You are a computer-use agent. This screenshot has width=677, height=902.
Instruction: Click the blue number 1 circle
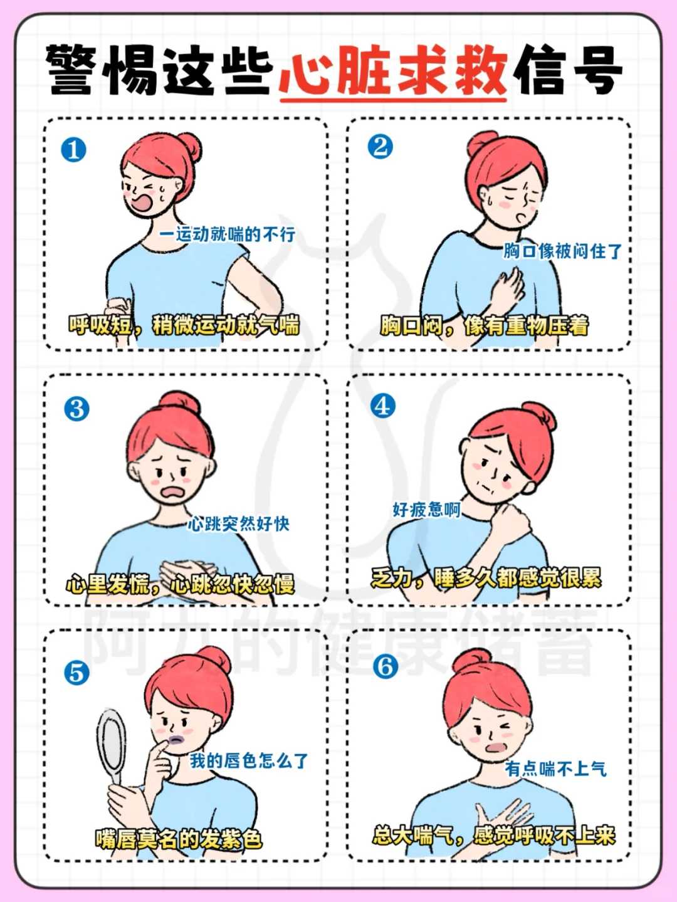click(x=73, y=150)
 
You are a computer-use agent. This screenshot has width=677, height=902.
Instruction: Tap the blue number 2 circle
click(x=380, y=147)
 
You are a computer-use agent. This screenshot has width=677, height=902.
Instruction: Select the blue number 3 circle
click(x=76, y=409)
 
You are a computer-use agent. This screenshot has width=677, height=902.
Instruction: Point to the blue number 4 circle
click(x=382, y=406)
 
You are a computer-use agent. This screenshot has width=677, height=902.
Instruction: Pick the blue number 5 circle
click(x=76, y=673)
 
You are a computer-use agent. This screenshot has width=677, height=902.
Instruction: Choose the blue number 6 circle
click(x=386, y=666)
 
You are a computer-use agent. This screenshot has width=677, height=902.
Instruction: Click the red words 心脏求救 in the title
click(x=393, y=71)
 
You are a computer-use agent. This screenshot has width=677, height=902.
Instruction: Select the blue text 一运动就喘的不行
click(x=227, y=234)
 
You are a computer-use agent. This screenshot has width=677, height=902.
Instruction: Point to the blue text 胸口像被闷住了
click(x=563, y=251)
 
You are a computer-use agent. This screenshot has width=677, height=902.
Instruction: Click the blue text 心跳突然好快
click(x=238, y=523)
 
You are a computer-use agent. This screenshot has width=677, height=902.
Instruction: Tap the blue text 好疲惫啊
click(x=426, y=510)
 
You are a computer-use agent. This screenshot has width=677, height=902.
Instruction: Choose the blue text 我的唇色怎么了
click(x=248, y=761)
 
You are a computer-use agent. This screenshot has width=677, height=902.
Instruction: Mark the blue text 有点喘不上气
click(x=555, y=768)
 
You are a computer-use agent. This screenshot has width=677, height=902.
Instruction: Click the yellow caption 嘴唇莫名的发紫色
click(x=179, y=839)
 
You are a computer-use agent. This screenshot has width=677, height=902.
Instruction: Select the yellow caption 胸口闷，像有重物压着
click(x=485, y=327)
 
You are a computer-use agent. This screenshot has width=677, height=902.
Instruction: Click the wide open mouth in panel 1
click(x=140, y=202)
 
